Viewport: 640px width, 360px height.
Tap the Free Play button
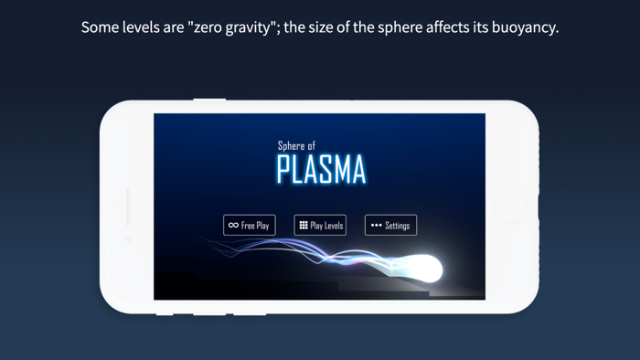(x=249, y=225)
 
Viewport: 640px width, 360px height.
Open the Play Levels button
(x=320, y=225)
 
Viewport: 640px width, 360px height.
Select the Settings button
(x=390, y=225)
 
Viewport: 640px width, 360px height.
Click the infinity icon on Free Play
(x=233, y=225)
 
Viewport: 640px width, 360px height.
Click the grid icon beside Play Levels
(x=304, y=225)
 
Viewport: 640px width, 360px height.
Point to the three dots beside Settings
(x=376, y=225)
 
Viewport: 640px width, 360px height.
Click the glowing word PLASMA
(x=321, y=170)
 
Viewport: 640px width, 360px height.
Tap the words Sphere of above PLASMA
(x=296, y=146)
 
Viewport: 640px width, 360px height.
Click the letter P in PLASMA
(x=285, y=170)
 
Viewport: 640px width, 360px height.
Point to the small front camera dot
(x=128, y=240)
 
